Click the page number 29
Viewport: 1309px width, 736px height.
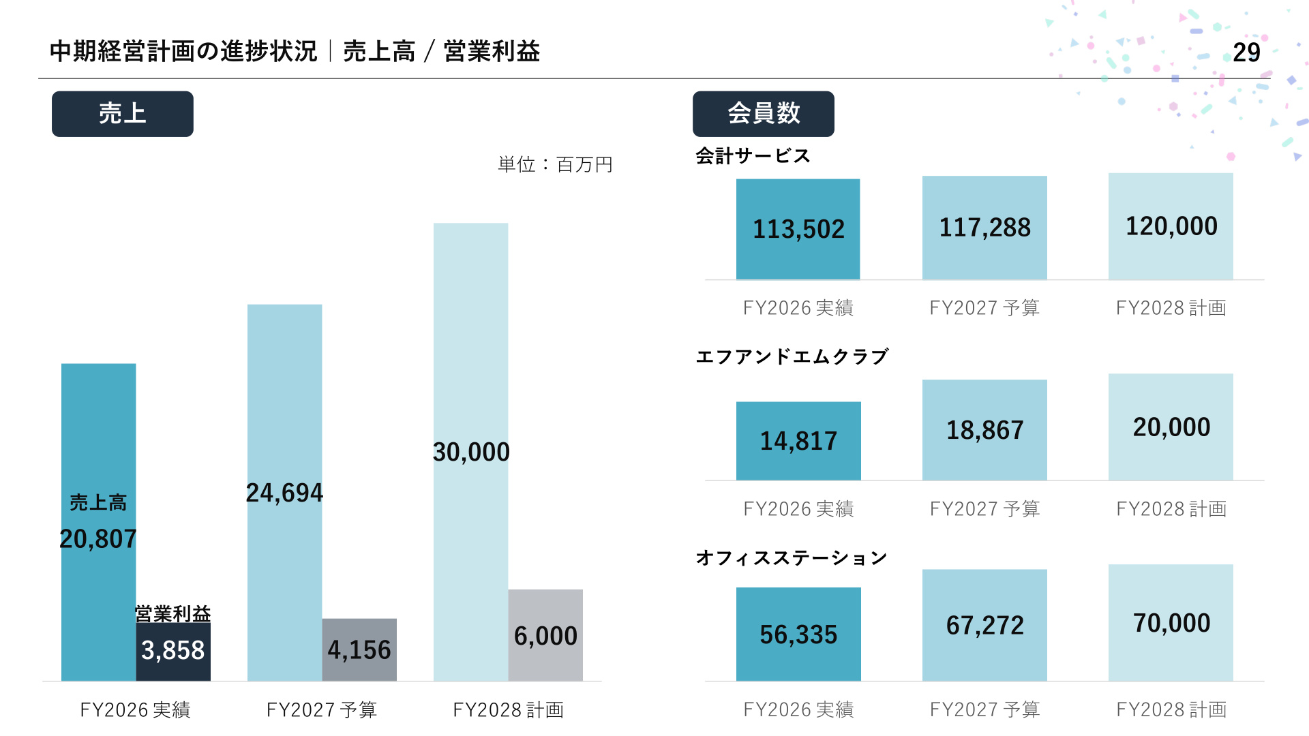click(x=1246, y=52)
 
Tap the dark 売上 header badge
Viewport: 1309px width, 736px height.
click(x=123, y=114)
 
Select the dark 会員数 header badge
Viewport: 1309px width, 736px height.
click(x=764, y=114)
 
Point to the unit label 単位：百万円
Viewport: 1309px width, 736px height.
click(x=555, y=164)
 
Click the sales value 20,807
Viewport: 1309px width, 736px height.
click(x=98, y=539)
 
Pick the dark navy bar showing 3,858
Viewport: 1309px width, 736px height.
click(x=173, y=651)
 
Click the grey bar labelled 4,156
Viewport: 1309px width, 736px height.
click(x=359, y=649)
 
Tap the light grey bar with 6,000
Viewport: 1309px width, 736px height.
click(x=545, y=635)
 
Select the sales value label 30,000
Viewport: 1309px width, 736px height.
click(x=471, y=452)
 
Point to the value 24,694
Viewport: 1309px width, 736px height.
click(x=284, y=493)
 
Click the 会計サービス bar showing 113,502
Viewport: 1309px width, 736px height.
click(x=798, y=229)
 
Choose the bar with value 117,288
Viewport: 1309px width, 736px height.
click(x=984, y=228)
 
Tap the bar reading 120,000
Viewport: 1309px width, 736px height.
click(x=1171, y=226)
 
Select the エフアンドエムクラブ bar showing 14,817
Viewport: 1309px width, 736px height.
click(x=798, y=441)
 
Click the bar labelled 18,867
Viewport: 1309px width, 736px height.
click(x=984, y=430)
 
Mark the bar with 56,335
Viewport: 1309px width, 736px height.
click(x=798, y=634)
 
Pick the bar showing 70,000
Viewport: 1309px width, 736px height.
click(x=1171, y=623)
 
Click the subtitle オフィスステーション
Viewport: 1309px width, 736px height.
click(x=792, y=558)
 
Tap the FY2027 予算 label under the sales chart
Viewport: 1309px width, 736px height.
click(x=322, y=710)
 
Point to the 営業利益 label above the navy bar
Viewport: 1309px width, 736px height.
click(x=173, y=613)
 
